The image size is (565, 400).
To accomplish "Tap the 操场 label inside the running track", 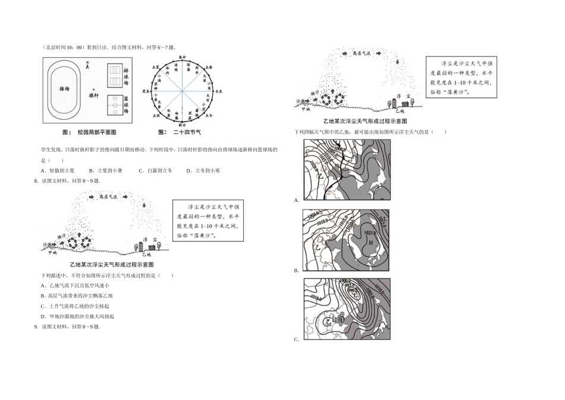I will (x=64, y=88).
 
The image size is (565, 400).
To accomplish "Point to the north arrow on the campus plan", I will (x=87, y=67).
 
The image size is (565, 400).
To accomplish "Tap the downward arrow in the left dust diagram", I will (x=145, y=207).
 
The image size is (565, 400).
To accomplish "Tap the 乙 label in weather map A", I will (x=320, y=177).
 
